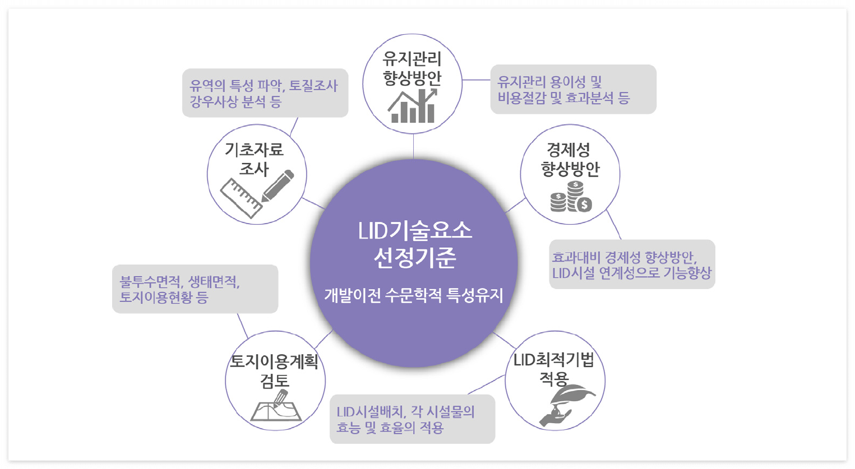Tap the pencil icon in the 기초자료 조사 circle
coord(278,185)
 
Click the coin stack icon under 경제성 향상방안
coord(570,197)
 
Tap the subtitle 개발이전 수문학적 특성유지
coord(414,295)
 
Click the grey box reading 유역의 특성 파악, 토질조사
coord(265,93)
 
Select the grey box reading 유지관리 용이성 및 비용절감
coord(573,90)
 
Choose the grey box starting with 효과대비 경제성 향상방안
coord(632,264)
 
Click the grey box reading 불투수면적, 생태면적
coord(195,289)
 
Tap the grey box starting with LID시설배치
coord(412,419)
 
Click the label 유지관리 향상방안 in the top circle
coord(413,68)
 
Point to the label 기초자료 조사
coord(255,159)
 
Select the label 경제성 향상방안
coord(570,159)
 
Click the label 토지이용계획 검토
coord(275,370)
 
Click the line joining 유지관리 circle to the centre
coord(413,146)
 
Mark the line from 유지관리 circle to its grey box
coord(476,80)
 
